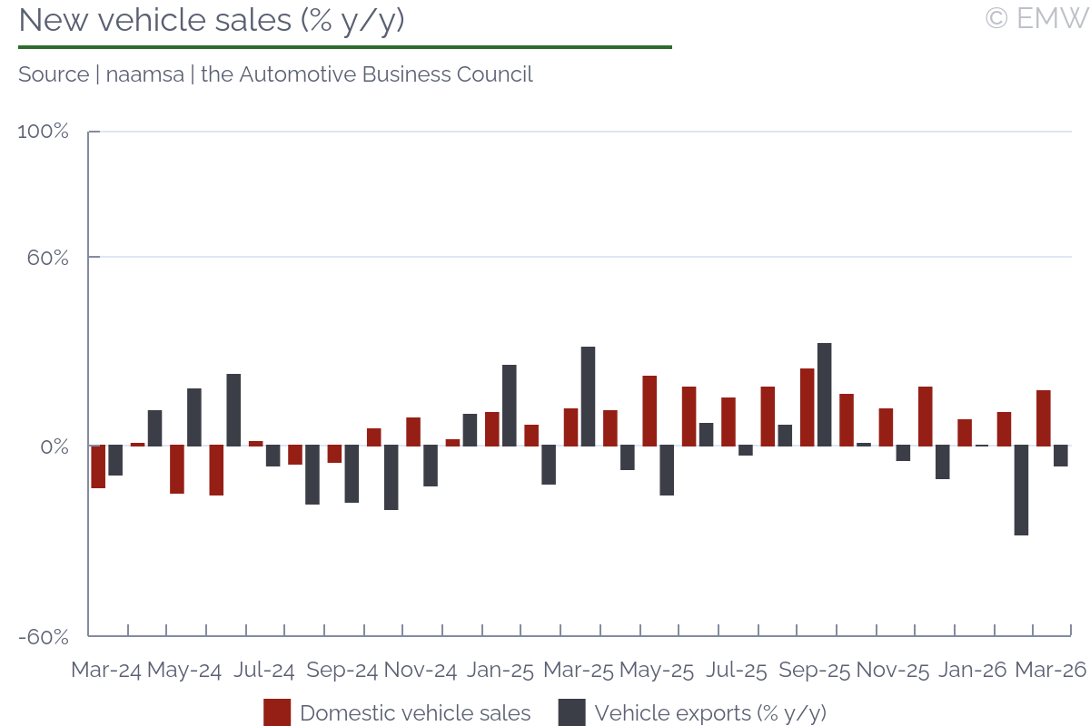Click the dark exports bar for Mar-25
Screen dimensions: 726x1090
588,396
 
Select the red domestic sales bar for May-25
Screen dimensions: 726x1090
649,410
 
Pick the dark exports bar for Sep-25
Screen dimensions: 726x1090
824,394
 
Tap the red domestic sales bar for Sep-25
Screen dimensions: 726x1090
807,407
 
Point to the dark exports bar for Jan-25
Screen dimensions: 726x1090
509,405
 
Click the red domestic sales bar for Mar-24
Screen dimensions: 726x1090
98,466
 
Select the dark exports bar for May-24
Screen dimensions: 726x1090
194,417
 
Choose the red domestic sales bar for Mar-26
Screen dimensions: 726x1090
1043,417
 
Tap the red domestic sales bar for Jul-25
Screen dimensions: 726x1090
728,421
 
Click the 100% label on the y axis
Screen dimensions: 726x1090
44,132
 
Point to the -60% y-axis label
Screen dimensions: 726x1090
44,636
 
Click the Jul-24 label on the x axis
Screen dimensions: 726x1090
263,671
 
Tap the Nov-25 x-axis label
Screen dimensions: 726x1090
893,671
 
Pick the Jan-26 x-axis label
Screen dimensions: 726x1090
972,671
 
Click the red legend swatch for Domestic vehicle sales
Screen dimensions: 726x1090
277,712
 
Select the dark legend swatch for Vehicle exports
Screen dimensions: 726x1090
571,712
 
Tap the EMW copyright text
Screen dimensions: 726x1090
1036,18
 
